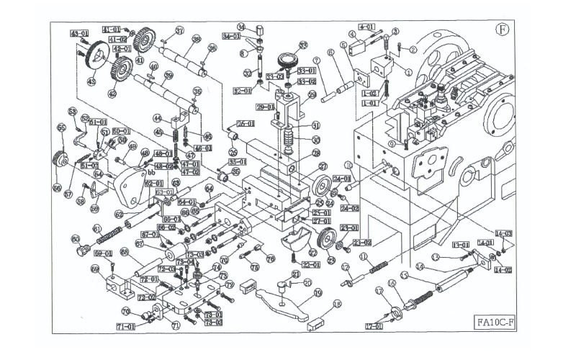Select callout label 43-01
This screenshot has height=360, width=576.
tap(79, 33)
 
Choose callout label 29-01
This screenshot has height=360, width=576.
tap(264, 107)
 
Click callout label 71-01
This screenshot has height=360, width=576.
tap(125, 327)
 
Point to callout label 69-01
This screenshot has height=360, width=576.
tap(104, 253)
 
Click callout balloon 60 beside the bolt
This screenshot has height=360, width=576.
tap(75, 239)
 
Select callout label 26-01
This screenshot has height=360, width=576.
tap(246, 123)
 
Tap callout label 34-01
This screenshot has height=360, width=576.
tap(231, 36)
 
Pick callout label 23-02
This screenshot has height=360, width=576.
tap(361, 243)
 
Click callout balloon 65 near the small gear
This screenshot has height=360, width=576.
tap(60, 127)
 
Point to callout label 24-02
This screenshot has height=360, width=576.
tap(350, 208)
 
